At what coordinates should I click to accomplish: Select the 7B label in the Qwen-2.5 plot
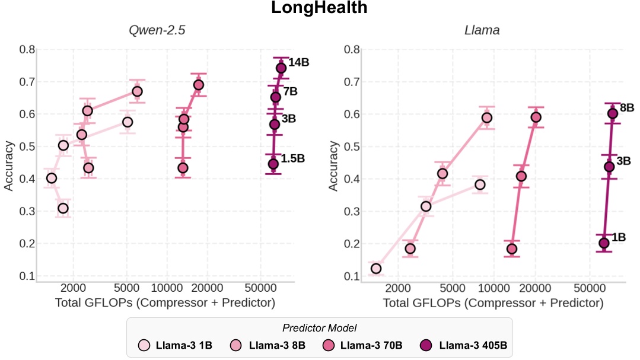pos(290,91)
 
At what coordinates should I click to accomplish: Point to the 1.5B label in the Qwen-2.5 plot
pos(292,159)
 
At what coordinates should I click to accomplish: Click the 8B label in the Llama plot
pos(627,108)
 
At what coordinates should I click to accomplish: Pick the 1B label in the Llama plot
pos(619,237)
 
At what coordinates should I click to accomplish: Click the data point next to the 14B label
pos(281,68)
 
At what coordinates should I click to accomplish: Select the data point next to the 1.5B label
pos(273,164)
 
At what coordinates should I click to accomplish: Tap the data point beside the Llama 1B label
pos(604,243)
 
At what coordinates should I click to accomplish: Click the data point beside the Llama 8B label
pos(613,113)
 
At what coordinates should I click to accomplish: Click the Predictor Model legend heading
pos(319,328)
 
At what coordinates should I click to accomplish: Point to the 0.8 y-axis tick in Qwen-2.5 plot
pos(26,49)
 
